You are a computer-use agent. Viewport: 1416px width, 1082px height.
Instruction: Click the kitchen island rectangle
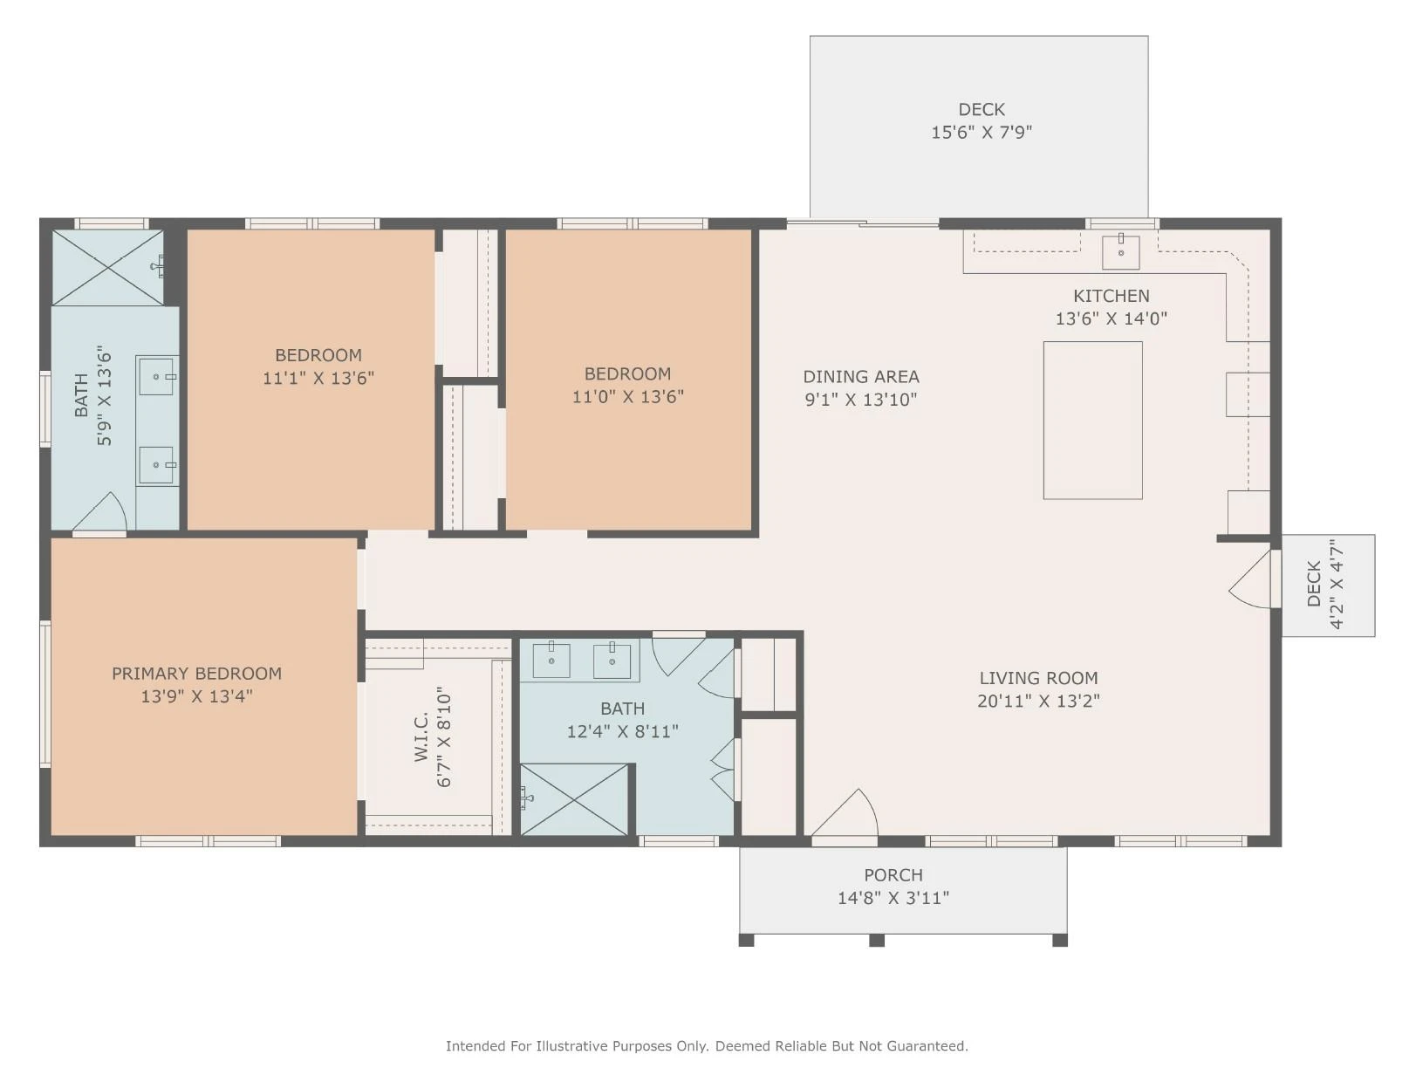[x=1092, y=420]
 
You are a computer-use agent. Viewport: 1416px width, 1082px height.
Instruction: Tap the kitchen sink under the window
[x=1120, y=252]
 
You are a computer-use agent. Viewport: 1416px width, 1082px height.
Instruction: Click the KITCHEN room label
[x=1111, y=296]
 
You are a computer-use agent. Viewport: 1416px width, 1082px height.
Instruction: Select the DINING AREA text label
[x=860, y=376]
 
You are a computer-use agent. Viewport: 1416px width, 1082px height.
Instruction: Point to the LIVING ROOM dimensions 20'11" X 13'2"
[x=1038, y=701]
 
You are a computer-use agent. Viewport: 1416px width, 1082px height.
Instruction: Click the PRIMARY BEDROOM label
[x=197, y=673]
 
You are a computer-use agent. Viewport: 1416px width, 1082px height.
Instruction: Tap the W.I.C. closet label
[x=421, y=737]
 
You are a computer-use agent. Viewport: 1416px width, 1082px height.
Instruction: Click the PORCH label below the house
[x=893, y=875]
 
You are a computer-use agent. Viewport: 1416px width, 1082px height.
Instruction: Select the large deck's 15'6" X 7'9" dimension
[x=982, y=133]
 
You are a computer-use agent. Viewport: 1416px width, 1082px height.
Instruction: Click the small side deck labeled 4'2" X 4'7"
[x=1328, y=586]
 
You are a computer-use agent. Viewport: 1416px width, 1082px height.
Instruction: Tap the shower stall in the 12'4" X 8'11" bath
[x=573, y=799]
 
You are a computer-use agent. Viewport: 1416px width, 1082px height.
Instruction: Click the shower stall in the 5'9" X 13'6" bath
[x=107, y=267]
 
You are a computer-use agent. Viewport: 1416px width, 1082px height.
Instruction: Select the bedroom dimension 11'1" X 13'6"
[x=318, y=378]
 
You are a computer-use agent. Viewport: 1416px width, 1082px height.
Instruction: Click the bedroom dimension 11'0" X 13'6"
[x=627, y=397]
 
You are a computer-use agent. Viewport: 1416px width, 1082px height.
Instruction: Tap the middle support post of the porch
[x=877, y=940]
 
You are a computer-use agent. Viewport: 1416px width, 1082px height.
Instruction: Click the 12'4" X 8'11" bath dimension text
[x=622, y=731]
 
